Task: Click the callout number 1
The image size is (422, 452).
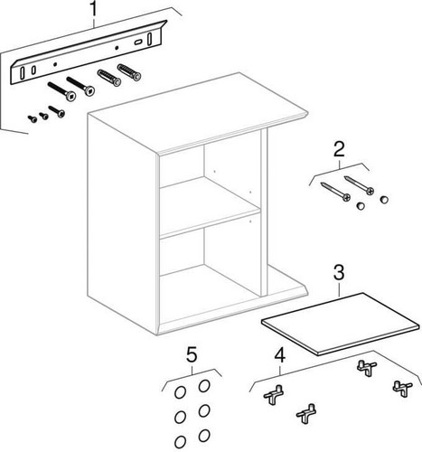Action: pos(94,9)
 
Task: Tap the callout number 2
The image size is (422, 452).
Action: pos(339,149)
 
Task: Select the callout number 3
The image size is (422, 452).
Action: pos(339,272)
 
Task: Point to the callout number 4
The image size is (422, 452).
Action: pos(280,354)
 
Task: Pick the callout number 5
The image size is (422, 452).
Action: pos(192,354)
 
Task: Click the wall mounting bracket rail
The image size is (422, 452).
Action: pos(89,52)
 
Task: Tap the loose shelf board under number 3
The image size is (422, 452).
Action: pos(341,324)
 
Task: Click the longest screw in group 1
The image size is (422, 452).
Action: pos(61,91)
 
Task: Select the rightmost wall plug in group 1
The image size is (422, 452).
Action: pos(129,72)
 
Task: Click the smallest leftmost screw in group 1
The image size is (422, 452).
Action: pos(33,119)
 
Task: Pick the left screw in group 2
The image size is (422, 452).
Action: pos(335,191)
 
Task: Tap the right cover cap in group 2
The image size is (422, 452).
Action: pos(384,200)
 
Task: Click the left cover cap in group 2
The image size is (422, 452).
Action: pos(361,206)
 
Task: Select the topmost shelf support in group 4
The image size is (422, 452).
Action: pos(367,368)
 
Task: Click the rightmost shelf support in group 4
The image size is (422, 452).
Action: pos(402,389)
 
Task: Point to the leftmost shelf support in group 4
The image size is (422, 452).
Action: pos(274,395)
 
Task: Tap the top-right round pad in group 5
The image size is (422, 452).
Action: pos(204,386)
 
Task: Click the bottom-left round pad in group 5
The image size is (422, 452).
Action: pos(180,442)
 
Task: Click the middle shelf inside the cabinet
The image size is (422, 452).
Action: pos(210,208)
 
